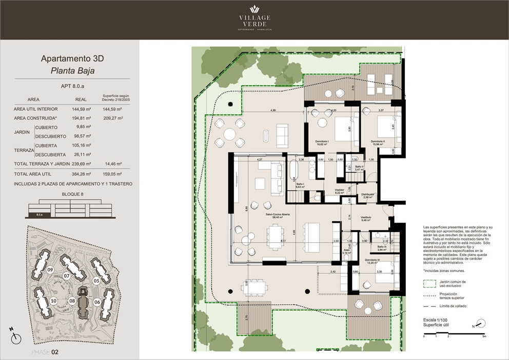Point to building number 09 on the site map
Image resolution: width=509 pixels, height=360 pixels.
[x=50, y=270]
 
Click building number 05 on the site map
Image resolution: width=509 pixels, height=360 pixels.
[x=96, y=280]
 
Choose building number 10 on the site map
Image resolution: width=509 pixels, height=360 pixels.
[x=54, y=300]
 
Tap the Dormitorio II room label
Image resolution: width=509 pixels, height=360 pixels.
[x=379, y=143]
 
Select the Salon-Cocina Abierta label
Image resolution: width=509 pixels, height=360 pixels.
[x=278, y=216]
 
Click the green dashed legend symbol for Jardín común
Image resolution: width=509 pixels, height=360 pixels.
[x=429, y=283]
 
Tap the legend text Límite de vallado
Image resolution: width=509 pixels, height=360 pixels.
[x=453, y=306]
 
